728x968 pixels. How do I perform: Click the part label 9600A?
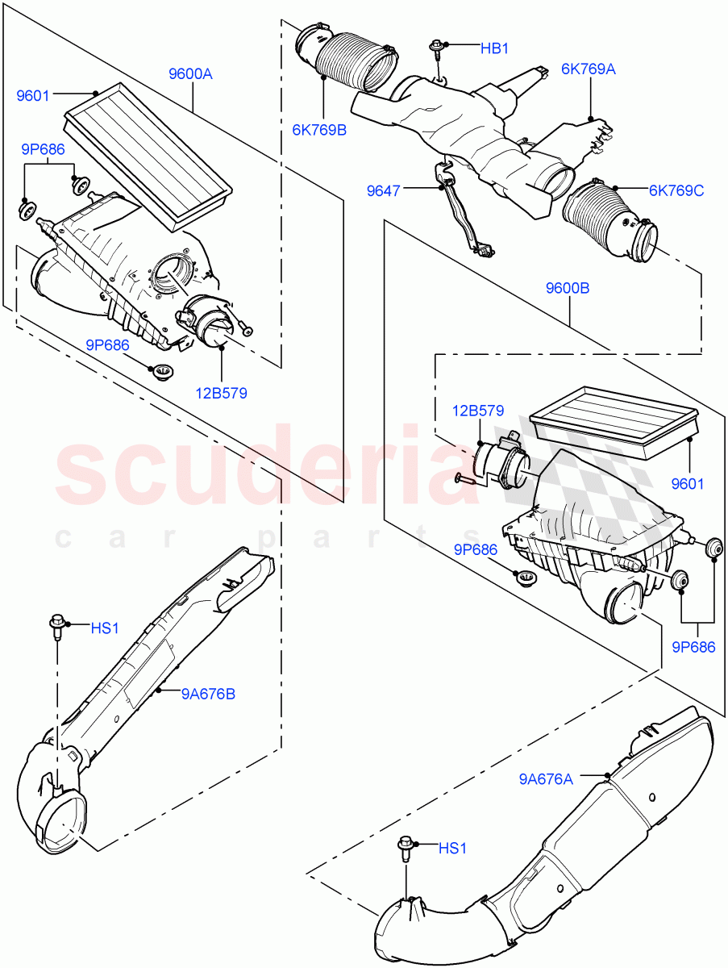coord(190,74)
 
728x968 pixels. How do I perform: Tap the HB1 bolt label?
coord(495,48)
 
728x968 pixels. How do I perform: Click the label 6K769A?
coord(589,69)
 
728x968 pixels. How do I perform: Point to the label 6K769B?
coord(319,129)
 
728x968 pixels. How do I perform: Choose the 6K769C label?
coord(676,190)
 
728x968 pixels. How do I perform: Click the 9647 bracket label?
coord(384,190)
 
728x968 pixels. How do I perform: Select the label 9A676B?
coord(208,693)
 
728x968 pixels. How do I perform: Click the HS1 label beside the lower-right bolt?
coord(453,848)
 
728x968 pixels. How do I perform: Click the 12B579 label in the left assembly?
coord(220,394)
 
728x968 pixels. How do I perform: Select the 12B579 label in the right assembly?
coord(477,411)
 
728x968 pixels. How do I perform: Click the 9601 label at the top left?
coord(34,96)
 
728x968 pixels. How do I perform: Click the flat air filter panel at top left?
coord(148,151)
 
